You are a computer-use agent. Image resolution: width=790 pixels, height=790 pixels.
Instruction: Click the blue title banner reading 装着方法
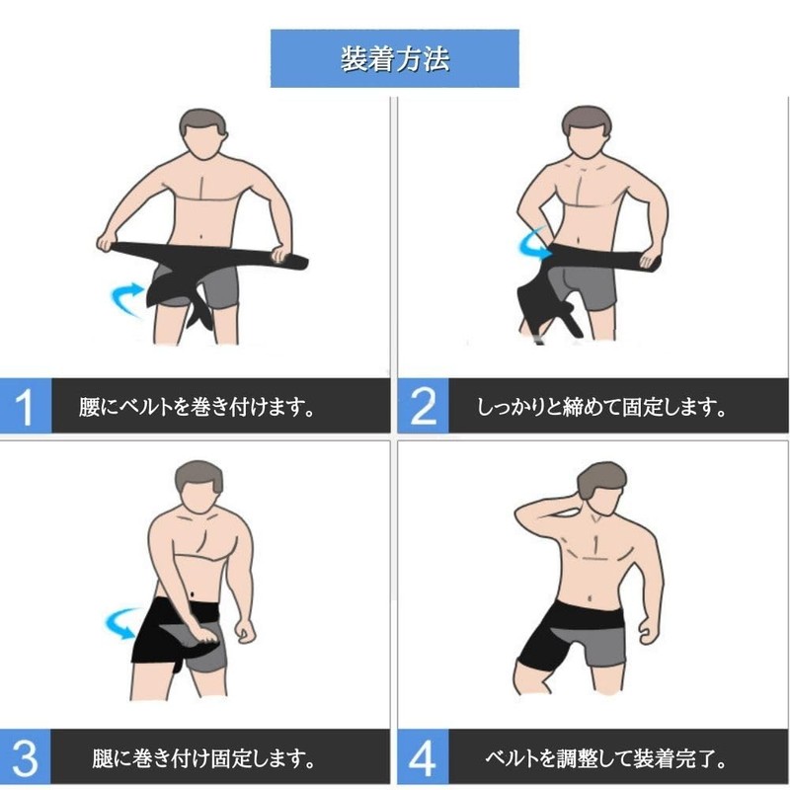[394, 58]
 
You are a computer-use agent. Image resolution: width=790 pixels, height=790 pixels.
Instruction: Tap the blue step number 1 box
[26, 405]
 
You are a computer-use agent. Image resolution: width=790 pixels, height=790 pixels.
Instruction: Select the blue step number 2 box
[423, 405]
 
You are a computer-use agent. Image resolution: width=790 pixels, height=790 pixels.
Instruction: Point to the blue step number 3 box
[26, 756]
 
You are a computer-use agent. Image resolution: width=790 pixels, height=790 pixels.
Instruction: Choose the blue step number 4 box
[423, 756]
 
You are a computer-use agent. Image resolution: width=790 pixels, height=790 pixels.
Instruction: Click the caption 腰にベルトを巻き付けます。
[197, 407]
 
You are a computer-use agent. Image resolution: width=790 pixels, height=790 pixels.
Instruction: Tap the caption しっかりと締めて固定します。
[601, 407]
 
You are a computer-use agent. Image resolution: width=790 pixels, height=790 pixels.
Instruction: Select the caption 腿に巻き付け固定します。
[203, 758]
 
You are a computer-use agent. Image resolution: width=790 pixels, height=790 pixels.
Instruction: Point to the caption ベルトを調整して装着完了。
[605, 758]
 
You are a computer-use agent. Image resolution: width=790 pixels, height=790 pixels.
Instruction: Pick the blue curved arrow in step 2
[530, 245]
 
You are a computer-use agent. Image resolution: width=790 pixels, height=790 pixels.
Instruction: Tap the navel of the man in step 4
[591, 598]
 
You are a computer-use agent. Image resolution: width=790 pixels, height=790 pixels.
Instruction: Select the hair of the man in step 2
[587, 119]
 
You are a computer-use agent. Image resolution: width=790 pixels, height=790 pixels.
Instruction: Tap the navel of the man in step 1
[201, 237]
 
